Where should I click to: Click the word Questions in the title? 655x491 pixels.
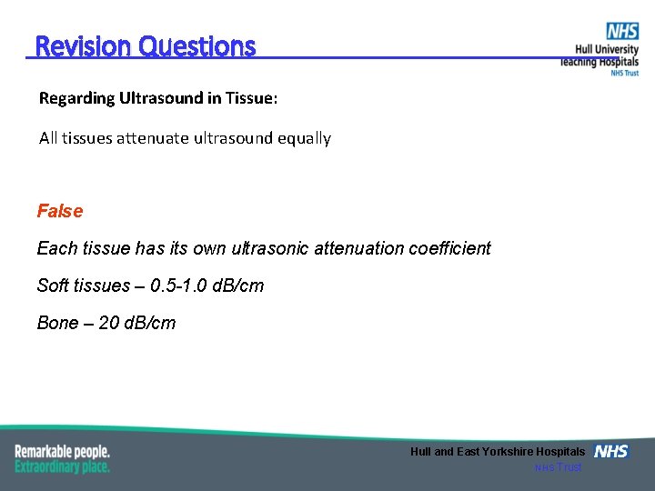[x=197, y=46]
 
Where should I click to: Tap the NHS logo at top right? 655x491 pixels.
[x=622, y=32]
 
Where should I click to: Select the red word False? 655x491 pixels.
[x=59, y=211]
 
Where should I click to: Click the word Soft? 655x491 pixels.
[x=53, y=286]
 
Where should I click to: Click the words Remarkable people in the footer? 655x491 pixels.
[x=62, y=451]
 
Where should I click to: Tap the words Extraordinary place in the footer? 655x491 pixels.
[x=62, y=466]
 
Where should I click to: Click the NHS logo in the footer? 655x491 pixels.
[x=610, y=451]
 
